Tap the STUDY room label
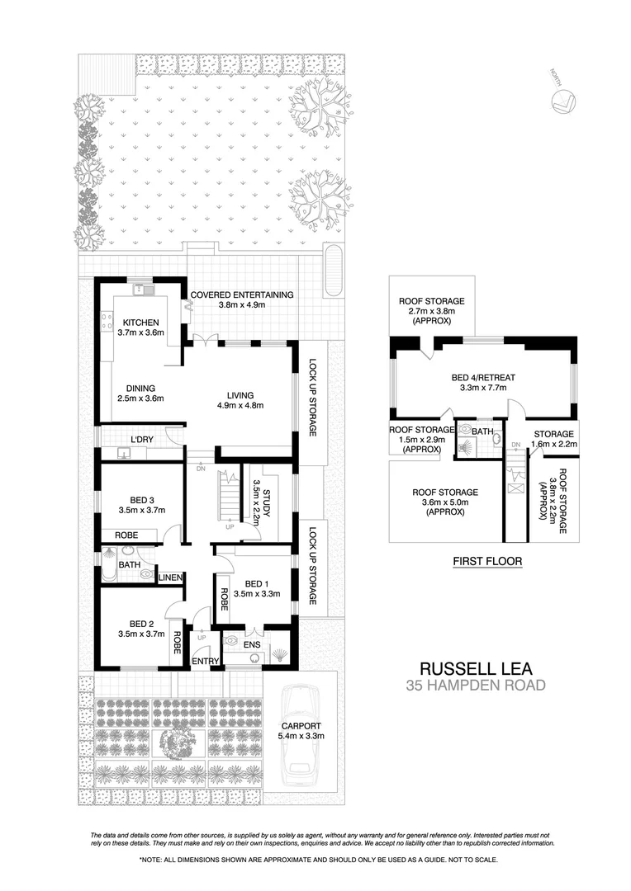261,497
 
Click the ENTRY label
204,661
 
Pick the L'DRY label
143,439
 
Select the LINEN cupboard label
170,577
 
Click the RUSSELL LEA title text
478,667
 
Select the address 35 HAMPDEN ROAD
478,684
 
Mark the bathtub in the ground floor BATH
109,565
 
